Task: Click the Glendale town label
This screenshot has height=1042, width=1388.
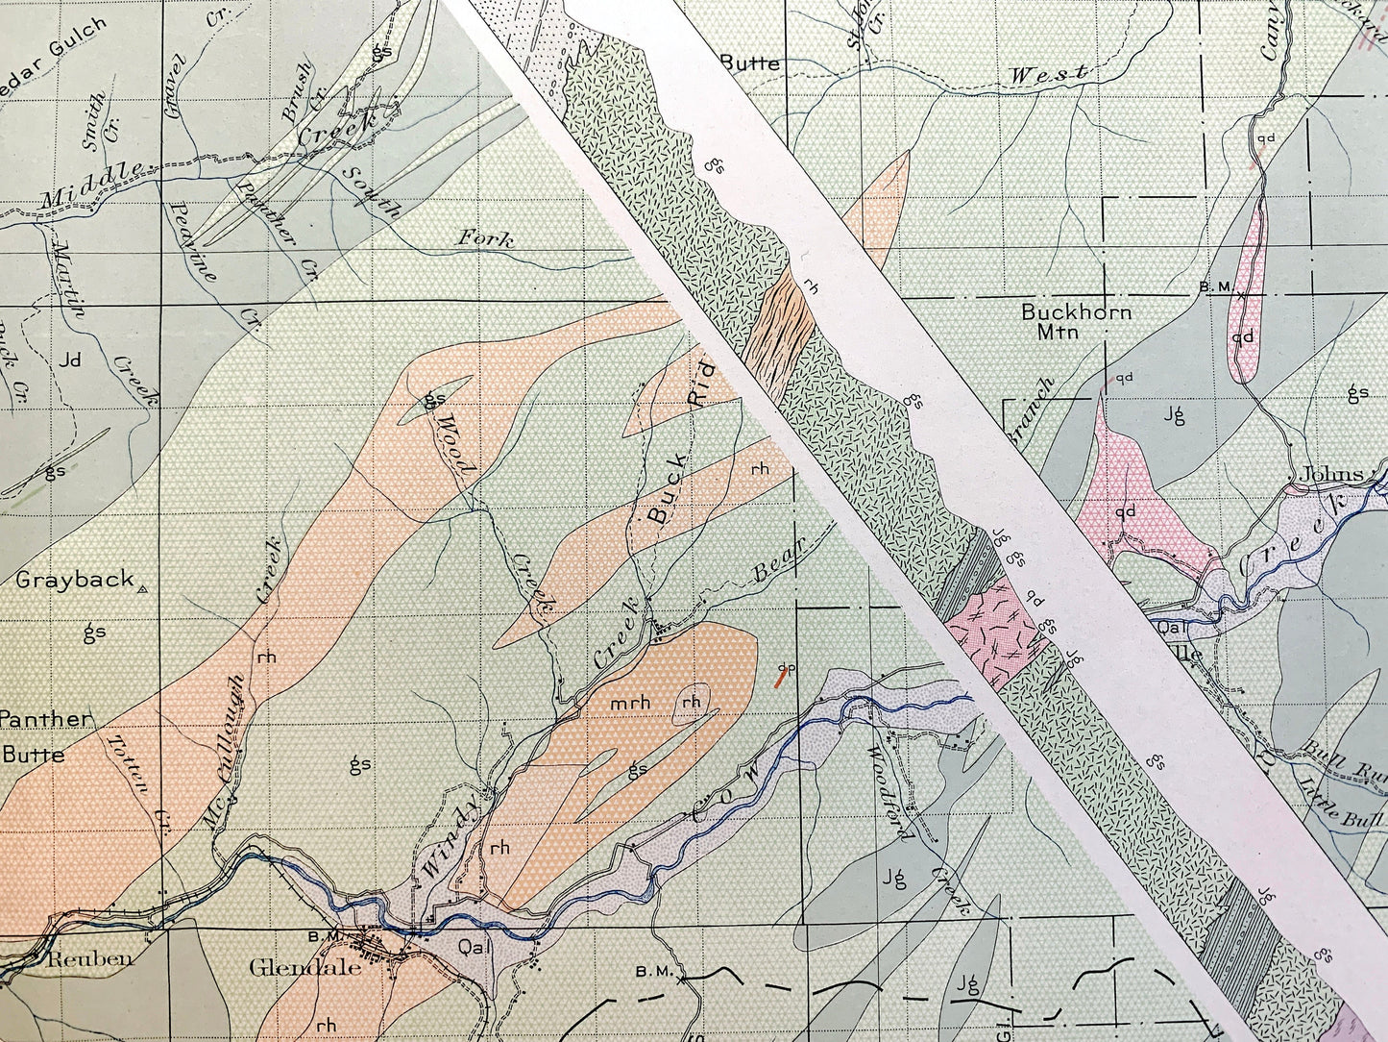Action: [x=304, y=967]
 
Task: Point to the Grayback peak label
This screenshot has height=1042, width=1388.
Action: [x=74, y=580]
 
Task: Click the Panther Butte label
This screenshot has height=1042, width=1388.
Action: [x=43, y=736]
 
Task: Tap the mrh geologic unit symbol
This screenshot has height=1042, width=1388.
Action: [x=630, y=704]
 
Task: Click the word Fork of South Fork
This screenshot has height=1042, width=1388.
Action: [x=485, y=237]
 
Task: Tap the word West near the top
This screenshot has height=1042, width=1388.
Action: [x=1048, y=74]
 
